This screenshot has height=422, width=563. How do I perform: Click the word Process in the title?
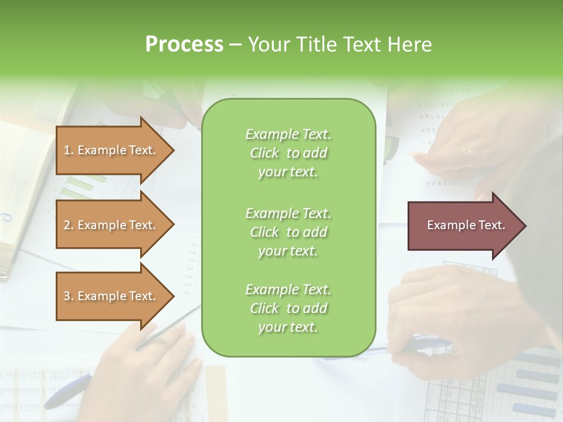pyautogui.click(x=184, y=45)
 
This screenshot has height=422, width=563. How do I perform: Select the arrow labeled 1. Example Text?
pyautogui.click(x=111, y=150)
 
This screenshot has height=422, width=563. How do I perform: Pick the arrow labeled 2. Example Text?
pyautogui.click(x=111, y=225)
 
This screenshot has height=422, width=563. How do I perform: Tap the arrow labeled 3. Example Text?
pyautogui.click(x=111, y=296)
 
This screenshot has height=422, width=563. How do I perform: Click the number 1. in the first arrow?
pyautogui.click(x=69, y=150)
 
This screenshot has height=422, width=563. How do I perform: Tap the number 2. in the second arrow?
pyautogui.click(x=69, y=225)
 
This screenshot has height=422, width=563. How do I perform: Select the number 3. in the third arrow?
pyautogui.click(x=69, y=296)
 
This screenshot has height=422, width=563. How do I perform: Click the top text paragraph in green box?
pyautogui.click(x=288, y=153)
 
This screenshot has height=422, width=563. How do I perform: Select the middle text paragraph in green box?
pyautogui.click(x=288, y=232)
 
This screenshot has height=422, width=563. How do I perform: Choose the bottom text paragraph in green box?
pyautogui.click(x=288, y=308)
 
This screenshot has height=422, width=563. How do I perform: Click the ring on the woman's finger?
pyautogui.click(x=466, y=150)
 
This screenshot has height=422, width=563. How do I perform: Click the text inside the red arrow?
pyautogui.click(x=466, y=225)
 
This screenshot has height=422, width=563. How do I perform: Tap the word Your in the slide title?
pyautogui.click(x=270, y=45)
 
